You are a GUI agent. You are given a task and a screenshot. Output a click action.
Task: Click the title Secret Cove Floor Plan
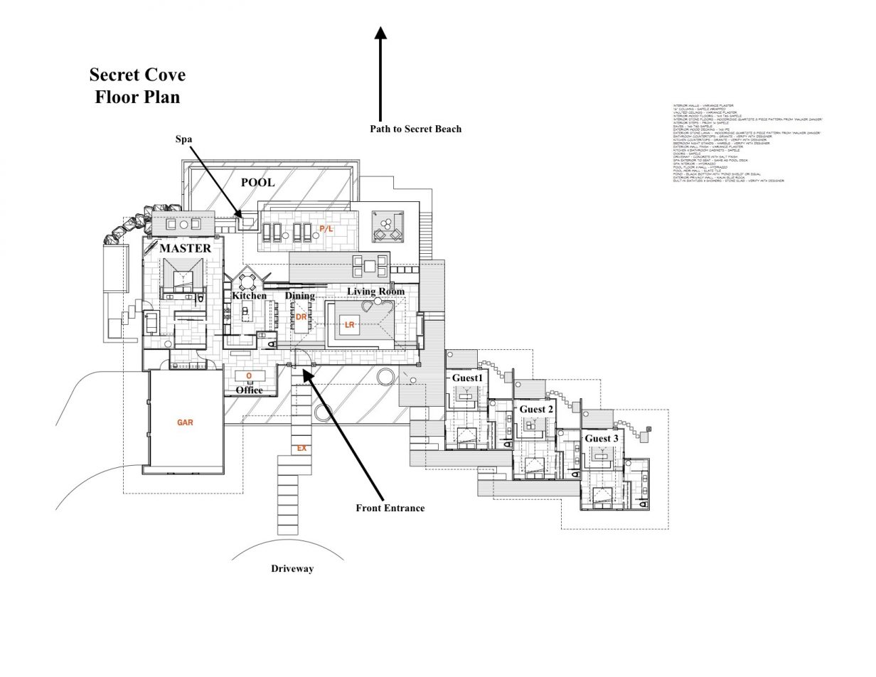137,85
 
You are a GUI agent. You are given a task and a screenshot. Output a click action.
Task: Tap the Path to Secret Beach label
415,129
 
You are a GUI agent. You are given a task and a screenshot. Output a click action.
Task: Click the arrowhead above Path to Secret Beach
380,33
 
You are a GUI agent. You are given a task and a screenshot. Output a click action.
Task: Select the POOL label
257,182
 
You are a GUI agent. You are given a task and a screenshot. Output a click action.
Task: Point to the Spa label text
184,139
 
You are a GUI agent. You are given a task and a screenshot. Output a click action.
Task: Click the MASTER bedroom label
185,248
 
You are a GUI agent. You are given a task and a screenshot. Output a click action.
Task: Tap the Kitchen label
249,295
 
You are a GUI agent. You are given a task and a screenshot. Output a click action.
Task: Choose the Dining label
300,295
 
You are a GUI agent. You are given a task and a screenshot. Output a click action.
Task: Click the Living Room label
375,292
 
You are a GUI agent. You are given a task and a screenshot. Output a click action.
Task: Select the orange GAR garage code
186,422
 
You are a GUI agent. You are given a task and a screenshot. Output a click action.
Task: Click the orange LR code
349,325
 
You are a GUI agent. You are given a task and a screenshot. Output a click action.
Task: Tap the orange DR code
301,317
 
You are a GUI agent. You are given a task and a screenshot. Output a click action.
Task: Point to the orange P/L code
326,228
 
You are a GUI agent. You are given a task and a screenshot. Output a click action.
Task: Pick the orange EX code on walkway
301,449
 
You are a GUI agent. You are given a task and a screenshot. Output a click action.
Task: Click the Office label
249,390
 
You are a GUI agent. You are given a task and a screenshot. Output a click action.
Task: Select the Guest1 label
467,378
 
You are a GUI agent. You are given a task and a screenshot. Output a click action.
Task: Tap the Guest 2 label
536,409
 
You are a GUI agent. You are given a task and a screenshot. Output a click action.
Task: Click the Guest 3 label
602,439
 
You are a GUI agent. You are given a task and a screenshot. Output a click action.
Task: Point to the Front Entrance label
390,508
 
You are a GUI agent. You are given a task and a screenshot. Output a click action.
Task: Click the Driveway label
292,569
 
